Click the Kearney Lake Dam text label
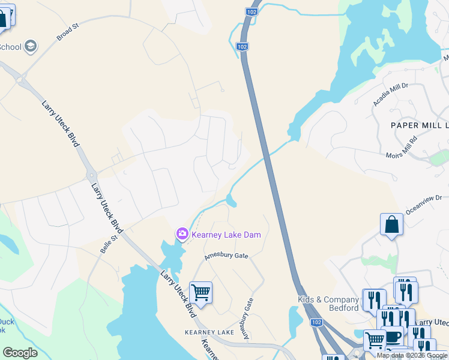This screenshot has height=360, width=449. (227, 235)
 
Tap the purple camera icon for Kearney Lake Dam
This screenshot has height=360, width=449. (182, 233)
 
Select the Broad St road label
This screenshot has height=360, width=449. (68, 33)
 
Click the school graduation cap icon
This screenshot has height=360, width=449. (31, 46)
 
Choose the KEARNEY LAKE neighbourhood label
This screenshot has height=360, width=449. (209, 332)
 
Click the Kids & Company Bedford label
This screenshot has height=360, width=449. (328, 304)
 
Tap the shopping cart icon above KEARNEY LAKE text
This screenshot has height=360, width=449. (200, 293)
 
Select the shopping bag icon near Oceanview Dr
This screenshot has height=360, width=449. (391, 225)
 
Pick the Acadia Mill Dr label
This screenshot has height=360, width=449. (390, 94)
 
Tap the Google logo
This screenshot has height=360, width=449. (20, 353)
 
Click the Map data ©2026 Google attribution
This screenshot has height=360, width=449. (412, 355)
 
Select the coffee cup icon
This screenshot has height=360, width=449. (393, 338)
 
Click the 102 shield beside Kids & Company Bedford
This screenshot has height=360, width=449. (316, 322)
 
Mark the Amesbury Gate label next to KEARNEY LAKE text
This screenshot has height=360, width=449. (247, 319)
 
